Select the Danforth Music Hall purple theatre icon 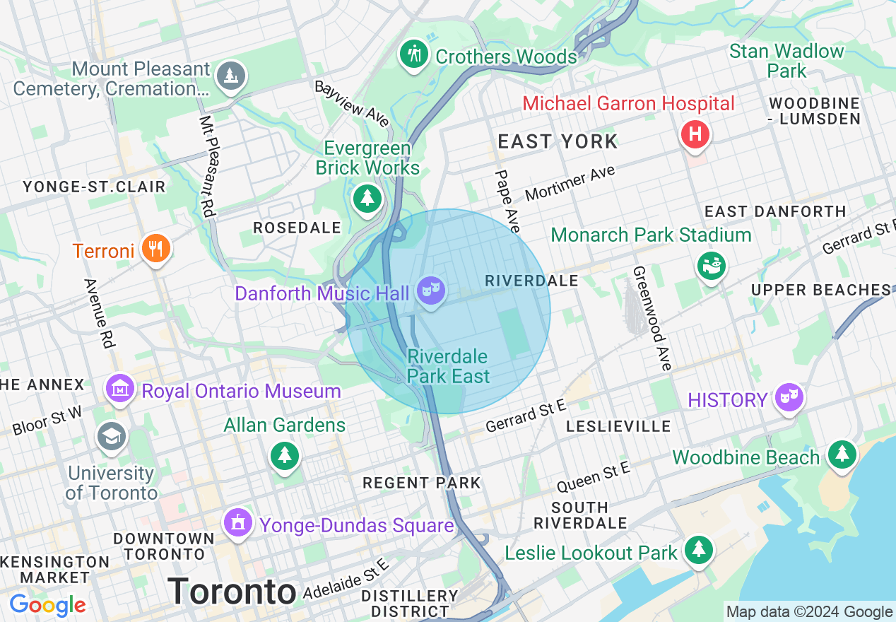[430, 291]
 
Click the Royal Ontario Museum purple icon [121, 388]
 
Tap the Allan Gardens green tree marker [284, 455]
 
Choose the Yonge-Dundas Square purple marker [238, 523]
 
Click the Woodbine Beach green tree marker [842, 454]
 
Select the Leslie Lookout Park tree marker [698, 549]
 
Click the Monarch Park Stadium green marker [712, 266]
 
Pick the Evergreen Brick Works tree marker [367, 198]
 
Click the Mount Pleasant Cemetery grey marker [230, 76]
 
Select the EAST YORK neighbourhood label [558, 141]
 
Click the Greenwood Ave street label [651, 318]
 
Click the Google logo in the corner [47, 605]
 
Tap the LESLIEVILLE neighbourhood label [619, 426]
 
